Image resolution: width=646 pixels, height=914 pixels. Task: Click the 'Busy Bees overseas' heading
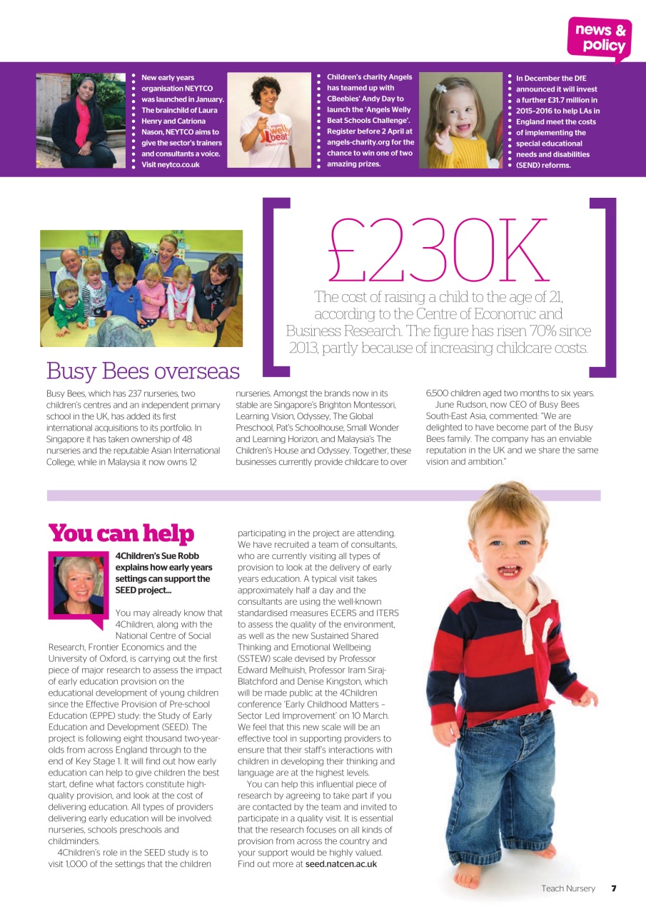(x=143, y=371)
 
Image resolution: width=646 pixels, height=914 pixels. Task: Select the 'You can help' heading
(x=121, y=533)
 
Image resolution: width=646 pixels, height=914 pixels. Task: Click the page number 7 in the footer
(x=613, y=888)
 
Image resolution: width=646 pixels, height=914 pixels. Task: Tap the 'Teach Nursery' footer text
(x=567, y=888)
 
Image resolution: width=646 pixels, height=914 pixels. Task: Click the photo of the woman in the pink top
(x=80, y=120)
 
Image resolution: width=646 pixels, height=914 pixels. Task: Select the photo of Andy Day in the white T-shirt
(x=270, y=120)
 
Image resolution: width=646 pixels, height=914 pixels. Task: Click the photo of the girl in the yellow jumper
(x=460, y=120)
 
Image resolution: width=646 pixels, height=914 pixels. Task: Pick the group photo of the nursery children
(x=141, y=288)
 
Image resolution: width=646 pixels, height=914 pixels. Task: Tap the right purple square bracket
(x=602, y=286)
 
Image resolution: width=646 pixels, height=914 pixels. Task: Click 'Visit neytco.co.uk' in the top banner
(x=171, y=165)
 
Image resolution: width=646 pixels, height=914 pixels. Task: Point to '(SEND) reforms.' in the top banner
(x=543, y=165)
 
